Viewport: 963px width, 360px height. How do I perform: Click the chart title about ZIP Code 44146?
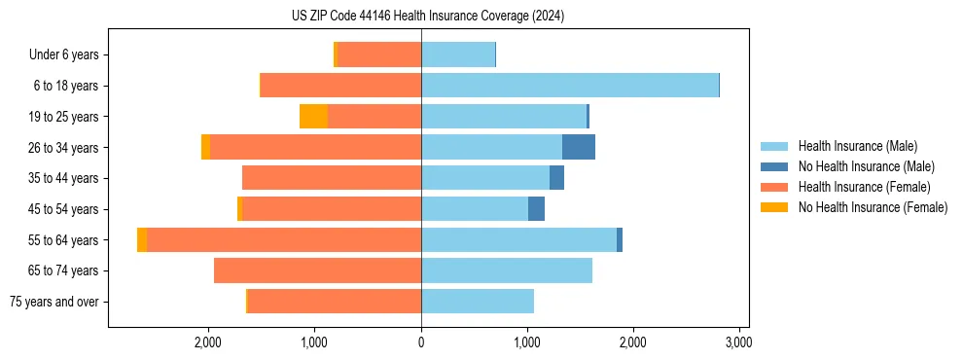pos(428,16)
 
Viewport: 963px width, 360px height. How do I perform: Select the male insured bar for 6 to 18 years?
pos(569,86)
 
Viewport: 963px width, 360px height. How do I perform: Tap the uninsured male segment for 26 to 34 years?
pos(579,147)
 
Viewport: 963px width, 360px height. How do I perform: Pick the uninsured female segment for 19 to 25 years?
pos(313,117)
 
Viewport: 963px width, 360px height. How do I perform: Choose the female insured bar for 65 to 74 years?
pos(317,270)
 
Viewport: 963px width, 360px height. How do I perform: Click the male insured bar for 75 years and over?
pos(477,302)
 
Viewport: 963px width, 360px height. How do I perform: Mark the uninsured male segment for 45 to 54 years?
pos(536,209)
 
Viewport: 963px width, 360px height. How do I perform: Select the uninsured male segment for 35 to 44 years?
pos(556,178)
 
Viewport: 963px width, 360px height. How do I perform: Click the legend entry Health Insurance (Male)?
pos(857,146)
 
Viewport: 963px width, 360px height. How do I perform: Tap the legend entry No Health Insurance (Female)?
pos(873,207)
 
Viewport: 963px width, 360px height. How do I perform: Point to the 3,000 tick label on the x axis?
pos(738,342)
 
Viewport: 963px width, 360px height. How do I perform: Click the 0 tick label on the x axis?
pos(421,342)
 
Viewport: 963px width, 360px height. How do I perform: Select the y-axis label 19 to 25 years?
pos(64,117)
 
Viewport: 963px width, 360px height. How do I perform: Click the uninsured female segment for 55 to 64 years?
pos(142,240)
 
